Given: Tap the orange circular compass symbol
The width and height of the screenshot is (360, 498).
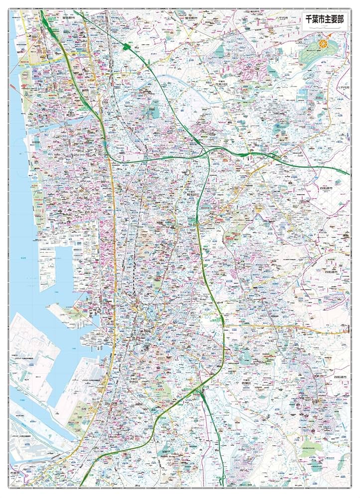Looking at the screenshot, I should (324, 44).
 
